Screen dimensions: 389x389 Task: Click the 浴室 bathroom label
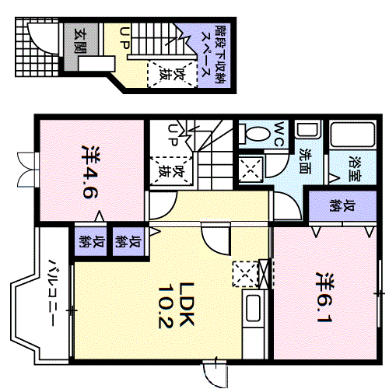356,169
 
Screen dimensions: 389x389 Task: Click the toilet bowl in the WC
253,134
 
